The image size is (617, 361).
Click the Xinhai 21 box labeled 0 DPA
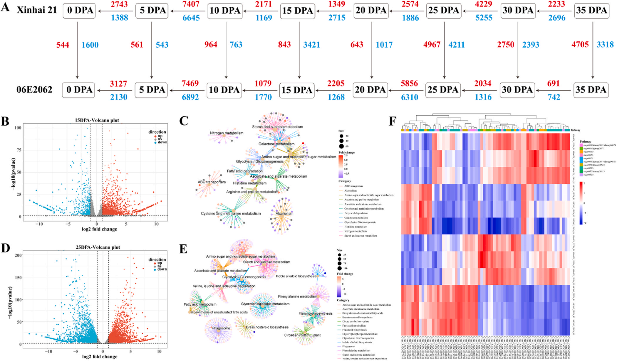[79, 11]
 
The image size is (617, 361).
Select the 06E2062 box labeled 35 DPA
[591, 90]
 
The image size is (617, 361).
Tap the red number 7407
[191, 4]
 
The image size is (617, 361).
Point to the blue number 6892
[190, 97]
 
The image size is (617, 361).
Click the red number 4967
[432, 45]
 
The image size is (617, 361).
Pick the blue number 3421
[311, 45]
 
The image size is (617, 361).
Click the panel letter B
[5, 121]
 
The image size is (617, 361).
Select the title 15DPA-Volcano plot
[97, 120]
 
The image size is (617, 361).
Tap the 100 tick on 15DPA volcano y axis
[18, 128]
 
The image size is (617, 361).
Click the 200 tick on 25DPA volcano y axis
[18, 255]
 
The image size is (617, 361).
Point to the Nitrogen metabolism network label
[227, 133]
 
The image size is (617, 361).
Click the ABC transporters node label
[212, 182]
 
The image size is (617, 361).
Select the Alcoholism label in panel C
[284, 213]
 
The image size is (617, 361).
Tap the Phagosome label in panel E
[221, 328]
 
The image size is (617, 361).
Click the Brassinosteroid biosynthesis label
[267, 327]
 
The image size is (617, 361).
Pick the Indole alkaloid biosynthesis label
[296, 276]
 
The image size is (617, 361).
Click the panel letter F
[393, 121]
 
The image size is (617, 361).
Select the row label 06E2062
[34, 90]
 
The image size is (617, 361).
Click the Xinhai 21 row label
[37, 10]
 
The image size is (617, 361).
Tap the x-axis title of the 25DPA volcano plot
[100, 357]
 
